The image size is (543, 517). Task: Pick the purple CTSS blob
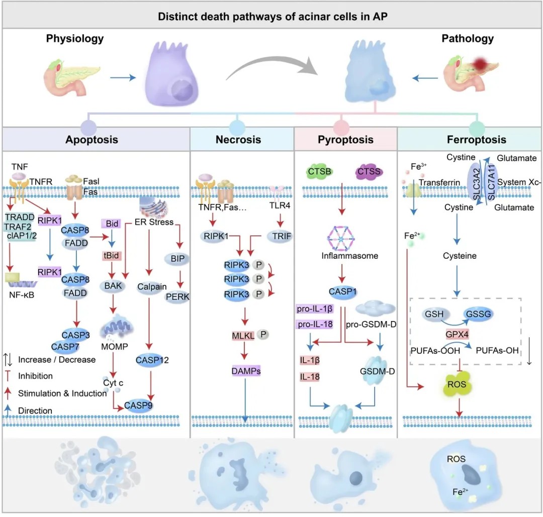pyautogui.click(x=369, y=172)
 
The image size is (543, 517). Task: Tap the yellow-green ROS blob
pyautogui.click(x=459, y=385)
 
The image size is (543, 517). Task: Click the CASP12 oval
pyautogui.click(x=151, y=360)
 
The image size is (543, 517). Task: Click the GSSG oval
pyautogui.click(x=475, y=314)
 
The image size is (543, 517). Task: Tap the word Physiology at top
pyautogui.click(x=75, y=38)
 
